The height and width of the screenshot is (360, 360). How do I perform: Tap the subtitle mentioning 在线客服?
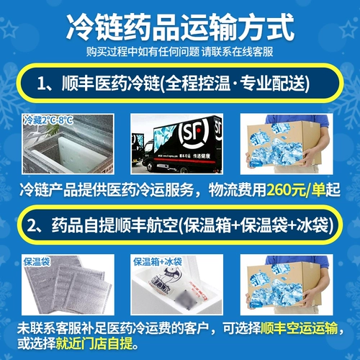179,53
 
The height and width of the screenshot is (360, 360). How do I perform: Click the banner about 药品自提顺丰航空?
179,227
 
